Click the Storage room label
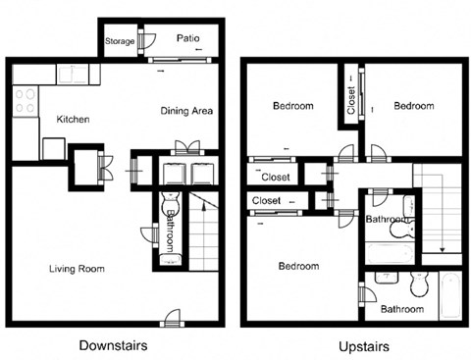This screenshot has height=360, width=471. [x=120, y=41]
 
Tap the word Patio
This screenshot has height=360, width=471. [x=188, y=39]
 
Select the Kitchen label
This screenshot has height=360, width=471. [x=73, y=120]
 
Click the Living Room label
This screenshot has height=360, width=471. [x=77, y=268]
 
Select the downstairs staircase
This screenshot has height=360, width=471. [x=201, y=235]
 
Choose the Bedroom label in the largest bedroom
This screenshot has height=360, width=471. [x=297, y=266]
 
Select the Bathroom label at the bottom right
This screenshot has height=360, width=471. [x=402, y=309]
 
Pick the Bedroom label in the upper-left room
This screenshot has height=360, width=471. [x=293, y=106]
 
